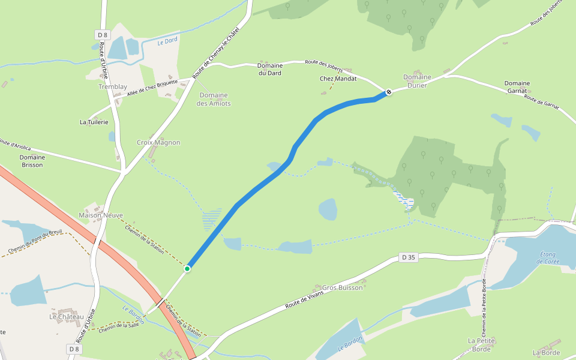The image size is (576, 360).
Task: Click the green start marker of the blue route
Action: (187, 268)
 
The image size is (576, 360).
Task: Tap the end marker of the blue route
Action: (389, 92)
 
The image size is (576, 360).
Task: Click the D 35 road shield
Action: (409, 257)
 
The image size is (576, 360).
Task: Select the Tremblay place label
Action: (113, 87)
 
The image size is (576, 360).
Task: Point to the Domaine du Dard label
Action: (269, 69)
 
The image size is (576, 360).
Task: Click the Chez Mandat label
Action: (338, 79)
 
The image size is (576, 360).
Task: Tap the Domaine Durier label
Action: (417, 81)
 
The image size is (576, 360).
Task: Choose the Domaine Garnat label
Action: (517, 87)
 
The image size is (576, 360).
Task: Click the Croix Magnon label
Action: (158, 143)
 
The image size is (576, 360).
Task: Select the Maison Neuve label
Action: (101, 215)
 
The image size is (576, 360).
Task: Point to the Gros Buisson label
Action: (343, 287)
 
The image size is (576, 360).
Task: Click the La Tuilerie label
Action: (94, 122)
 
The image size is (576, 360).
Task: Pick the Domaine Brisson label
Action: (32, 161)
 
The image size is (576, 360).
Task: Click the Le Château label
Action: (66, 316)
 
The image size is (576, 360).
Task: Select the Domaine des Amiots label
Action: (214, 99)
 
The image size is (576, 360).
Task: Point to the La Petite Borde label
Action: (481, 344)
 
